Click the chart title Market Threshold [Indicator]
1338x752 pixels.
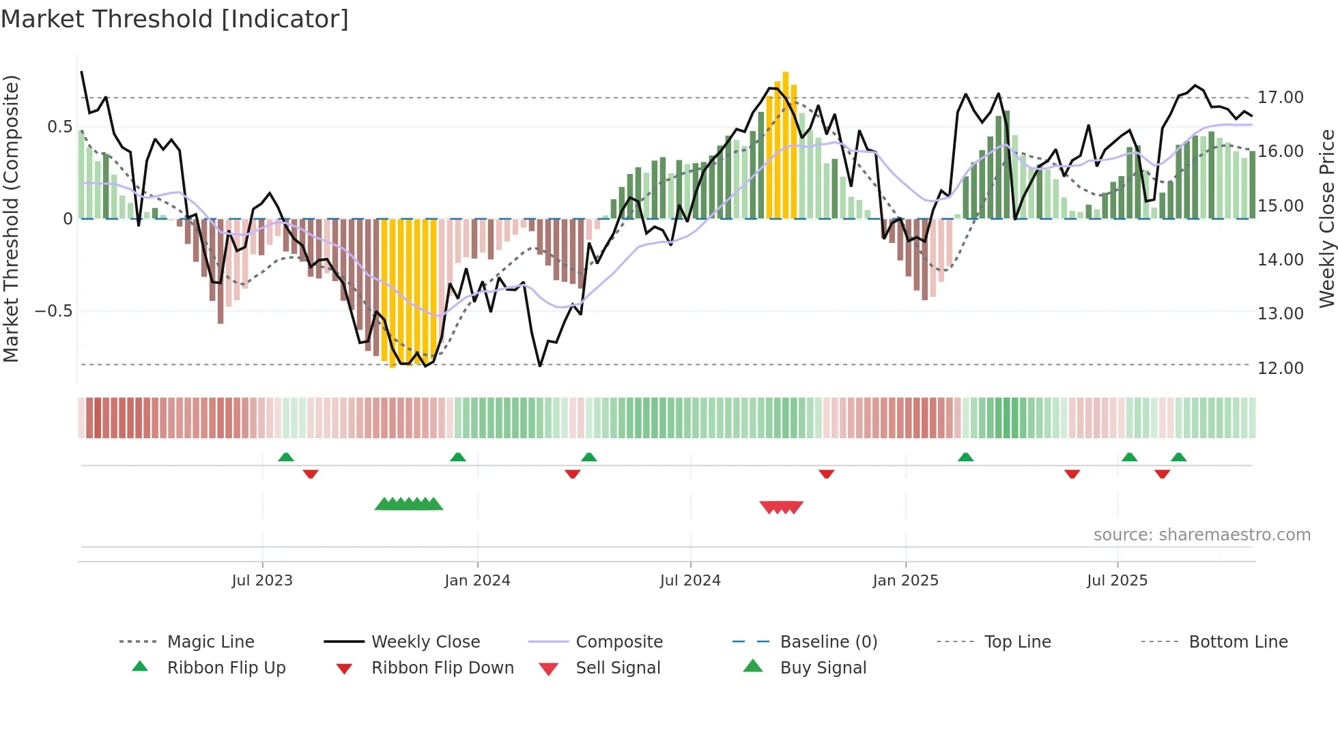tap(175, 19)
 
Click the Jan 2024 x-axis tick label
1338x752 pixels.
tap(477, 581)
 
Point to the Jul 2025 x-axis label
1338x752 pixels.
tap(1117, 581)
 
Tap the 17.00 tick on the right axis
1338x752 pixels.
tap(1281, 98)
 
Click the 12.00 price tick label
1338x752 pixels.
tap(1281, 368)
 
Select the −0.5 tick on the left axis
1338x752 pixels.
tap(53, 311)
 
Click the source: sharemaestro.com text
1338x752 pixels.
tap(1201, 535)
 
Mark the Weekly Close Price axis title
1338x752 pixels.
tap(1326, 218)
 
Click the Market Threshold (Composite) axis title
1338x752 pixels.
tap(11, 218)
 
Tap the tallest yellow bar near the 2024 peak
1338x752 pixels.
tap(785, 143)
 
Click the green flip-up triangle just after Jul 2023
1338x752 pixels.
tap(286, 457)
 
